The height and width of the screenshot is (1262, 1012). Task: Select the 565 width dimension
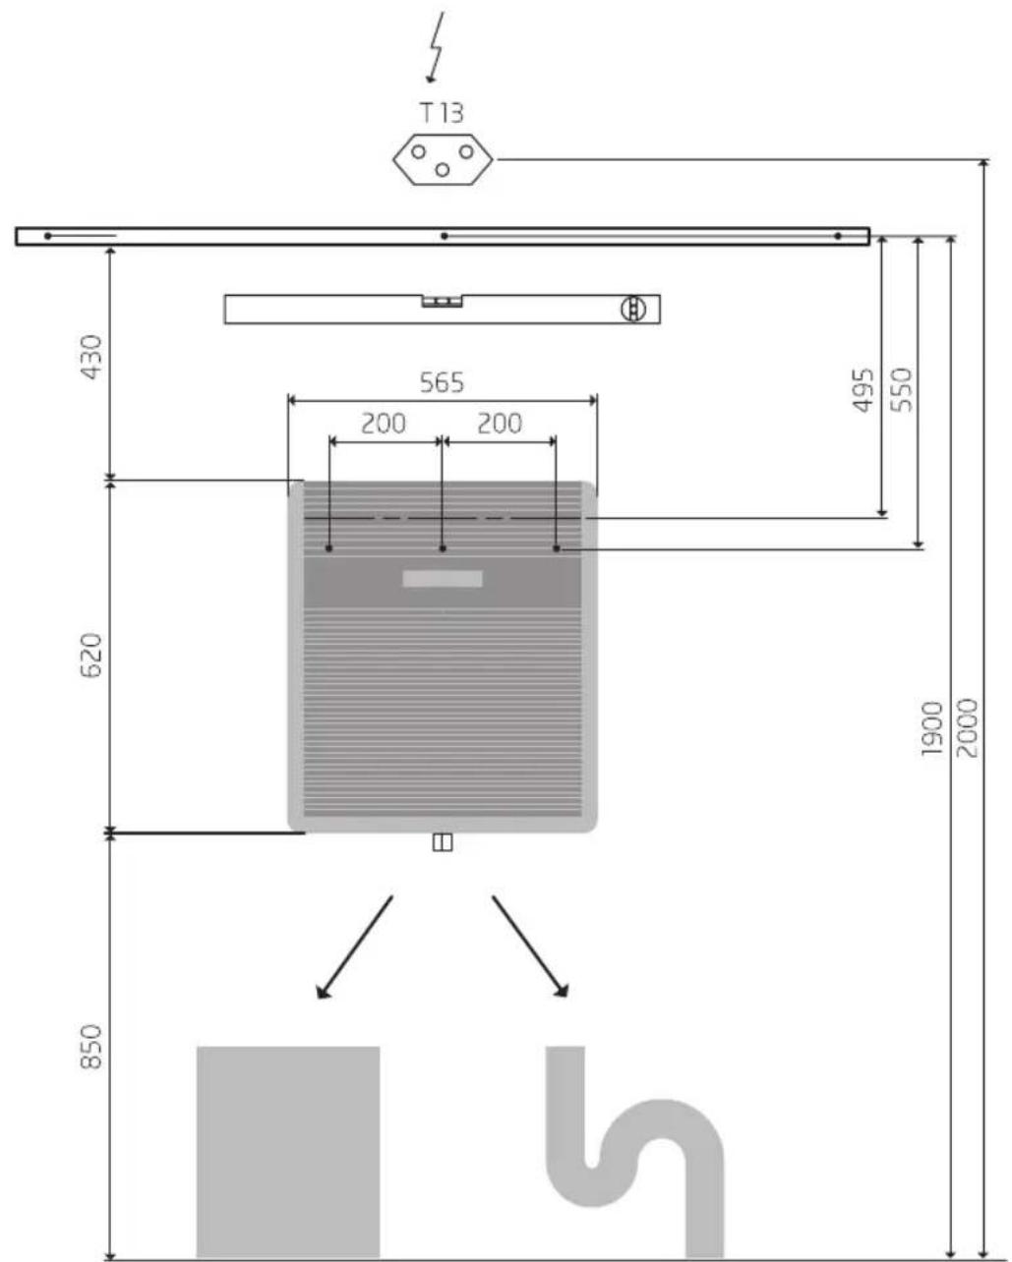pyautogui.click(x=442, y=382)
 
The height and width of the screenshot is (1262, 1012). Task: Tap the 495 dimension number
pyautogui.click(x=863, y=390)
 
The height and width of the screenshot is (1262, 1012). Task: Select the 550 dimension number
pyautogui.click(x=900, y=390)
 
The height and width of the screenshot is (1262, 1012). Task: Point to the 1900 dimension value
pyautogui.click(x=931, y=728)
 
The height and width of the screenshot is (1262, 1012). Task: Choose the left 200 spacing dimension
pyautogui.click(x=384, y=424)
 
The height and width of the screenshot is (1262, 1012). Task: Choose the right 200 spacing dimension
pyautogui.click(x=500, y=424)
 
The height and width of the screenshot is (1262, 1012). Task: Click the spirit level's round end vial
pyautogui.click(x=632, y=309)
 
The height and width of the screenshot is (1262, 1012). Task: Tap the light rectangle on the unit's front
pyautogui.click(x=443, y=579)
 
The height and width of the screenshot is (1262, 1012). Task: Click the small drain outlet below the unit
pyautogui.click(x=443, y=842)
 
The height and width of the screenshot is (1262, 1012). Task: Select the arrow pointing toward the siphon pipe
pyautogui.click(x=531, y=948)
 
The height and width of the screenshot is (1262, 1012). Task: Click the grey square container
pyautogui.click(x=288, y=1151)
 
